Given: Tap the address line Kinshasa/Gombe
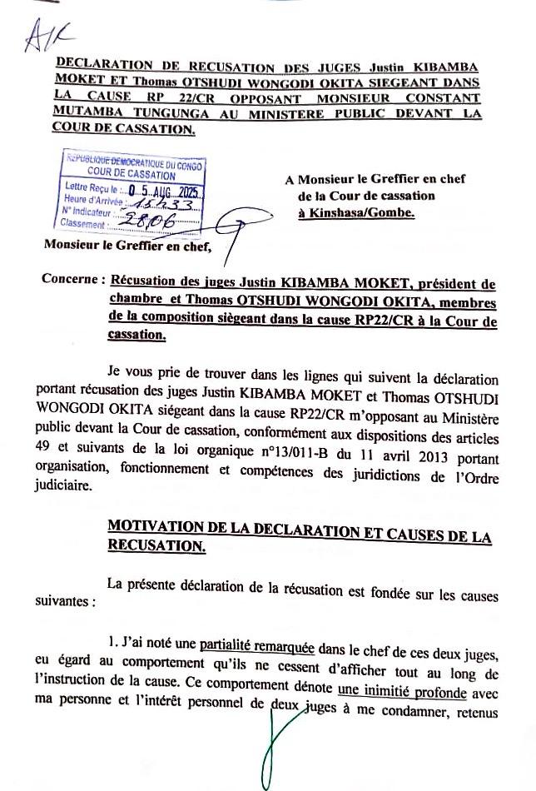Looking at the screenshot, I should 355,212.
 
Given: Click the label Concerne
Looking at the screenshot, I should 72,279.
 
